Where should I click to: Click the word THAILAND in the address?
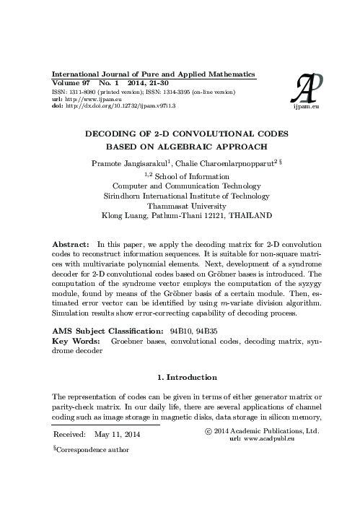pyautogui.click(x=249, y=214)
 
